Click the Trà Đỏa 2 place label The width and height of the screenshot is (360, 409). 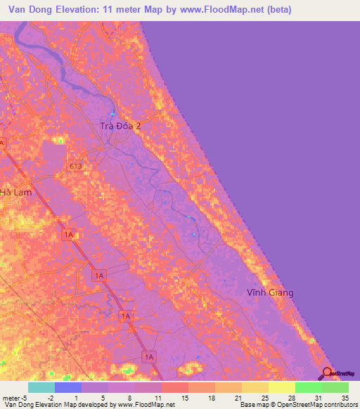[119, 126]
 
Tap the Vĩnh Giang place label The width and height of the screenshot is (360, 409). [270, 292]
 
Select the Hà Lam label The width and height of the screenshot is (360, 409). [16, 192]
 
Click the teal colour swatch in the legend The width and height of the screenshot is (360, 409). [41, 387]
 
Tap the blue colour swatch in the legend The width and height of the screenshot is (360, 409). [67, 387]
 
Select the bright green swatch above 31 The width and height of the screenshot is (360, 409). [309, 387]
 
